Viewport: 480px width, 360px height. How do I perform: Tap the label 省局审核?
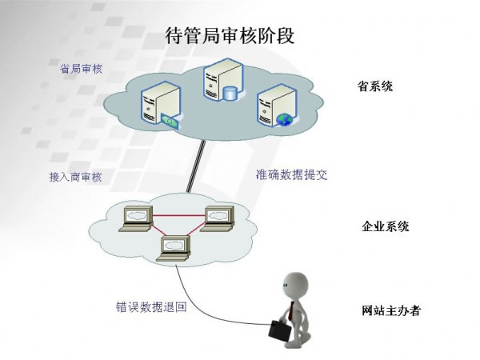coord(82,70)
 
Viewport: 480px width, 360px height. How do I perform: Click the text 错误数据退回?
coord(151,306)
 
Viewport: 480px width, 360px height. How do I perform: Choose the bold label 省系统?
coord(375,86)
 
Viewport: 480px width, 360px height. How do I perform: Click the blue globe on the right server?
coord(282,120)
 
